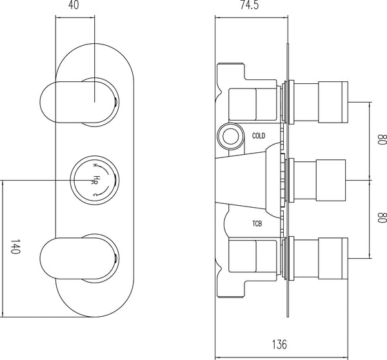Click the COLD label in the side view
coord(259,135)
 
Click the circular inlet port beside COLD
coord(229,135)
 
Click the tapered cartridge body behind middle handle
coord(248,176)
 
